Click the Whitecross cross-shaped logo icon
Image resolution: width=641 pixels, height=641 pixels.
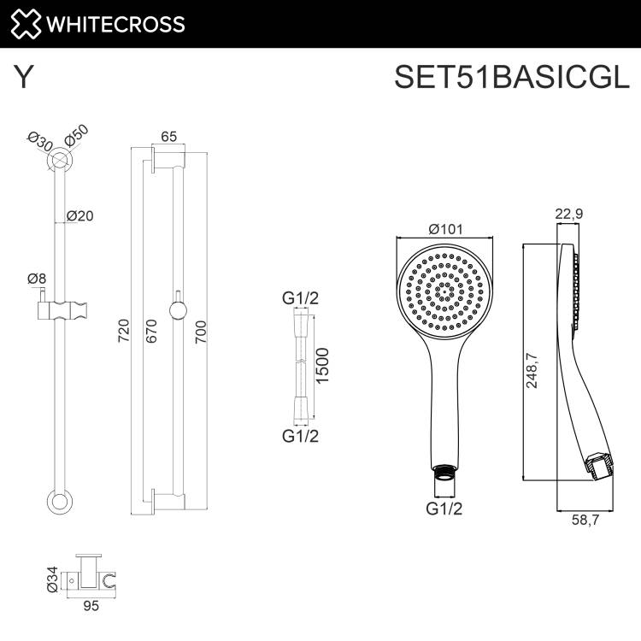26,24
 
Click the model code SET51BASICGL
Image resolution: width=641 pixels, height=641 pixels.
512,77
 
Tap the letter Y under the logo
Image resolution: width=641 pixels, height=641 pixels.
23,77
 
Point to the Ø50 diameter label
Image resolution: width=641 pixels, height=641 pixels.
76,136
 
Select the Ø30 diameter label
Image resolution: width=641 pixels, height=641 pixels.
40,142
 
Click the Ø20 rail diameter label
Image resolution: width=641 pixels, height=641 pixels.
80,215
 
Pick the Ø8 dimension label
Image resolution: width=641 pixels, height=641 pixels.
37,279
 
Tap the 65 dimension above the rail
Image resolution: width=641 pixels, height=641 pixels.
169,137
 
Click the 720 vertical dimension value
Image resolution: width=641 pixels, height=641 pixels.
123,331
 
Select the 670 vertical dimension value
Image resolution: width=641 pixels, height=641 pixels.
151,331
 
